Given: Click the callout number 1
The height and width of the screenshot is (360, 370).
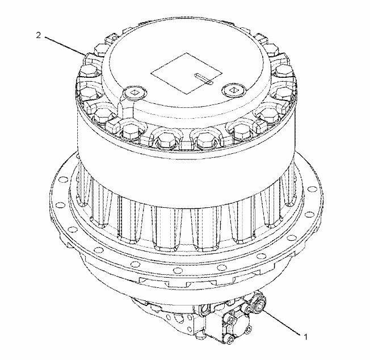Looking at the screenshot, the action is pyautogui.click(x=305, y=337).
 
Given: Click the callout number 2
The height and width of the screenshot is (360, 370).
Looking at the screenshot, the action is pyautogui.click(x=38, y=35).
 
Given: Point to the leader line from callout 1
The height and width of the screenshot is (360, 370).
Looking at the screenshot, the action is pyautogui.click(x=281, y=322).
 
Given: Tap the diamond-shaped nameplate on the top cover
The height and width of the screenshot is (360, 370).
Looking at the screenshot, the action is pyautogui.click(x=186, y=73).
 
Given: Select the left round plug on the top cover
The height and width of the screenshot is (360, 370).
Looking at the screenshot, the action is pyautogui.click(x=135, y=93).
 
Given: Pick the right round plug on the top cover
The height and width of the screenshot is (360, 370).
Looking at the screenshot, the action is pyautogui.click(x=234, y=90).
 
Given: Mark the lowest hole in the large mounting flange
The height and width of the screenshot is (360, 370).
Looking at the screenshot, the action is pyautogui.click(x=177, y=270).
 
